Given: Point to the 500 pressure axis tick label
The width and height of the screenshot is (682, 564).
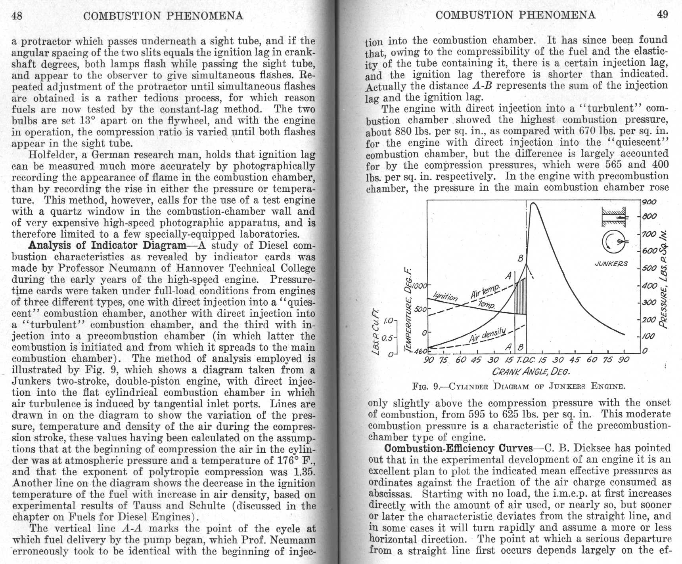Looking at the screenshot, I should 649,268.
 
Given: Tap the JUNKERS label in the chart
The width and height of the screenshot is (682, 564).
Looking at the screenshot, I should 611,264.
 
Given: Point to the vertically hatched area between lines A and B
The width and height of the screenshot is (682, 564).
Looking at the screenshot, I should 521,297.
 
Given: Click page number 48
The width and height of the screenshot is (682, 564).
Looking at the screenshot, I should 17,15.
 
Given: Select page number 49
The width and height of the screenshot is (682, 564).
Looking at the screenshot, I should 662,15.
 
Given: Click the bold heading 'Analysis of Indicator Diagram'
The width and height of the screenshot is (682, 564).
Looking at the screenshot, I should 107,245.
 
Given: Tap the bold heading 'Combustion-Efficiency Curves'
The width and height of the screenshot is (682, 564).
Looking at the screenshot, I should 459,448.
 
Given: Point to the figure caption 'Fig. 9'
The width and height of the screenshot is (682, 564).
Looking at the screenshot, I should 519,386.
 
